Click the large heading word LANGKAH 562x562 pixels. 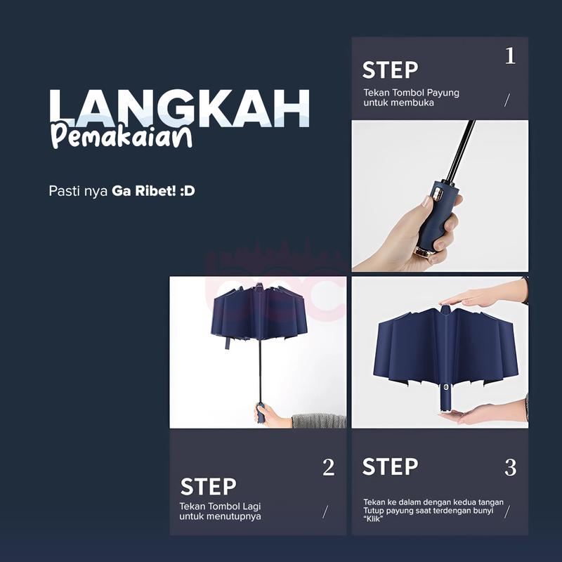tap(179, 107)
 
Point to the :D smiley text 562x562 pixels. tap(188, 191)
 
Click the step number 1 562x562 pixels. tap(511, 56)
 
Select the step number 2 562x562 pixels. tap(328, 467)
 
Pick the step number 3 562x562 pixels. tap(511, 467)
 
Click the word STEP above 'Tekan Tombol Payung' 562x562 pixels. tap(391, 70)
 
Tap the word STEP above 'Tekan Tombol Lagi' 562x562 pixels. tap(208, 486)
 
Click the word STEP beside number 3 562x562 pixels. tap(391, 466)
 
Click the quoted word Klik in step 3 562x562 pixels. tap(373, 519)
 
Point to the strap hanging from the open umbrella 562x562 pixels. tap(227, 343)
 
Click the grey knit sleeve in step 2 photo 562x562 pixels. tap(319, 421)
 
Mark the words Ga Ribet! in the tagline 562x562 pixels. tap(144, 191)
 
